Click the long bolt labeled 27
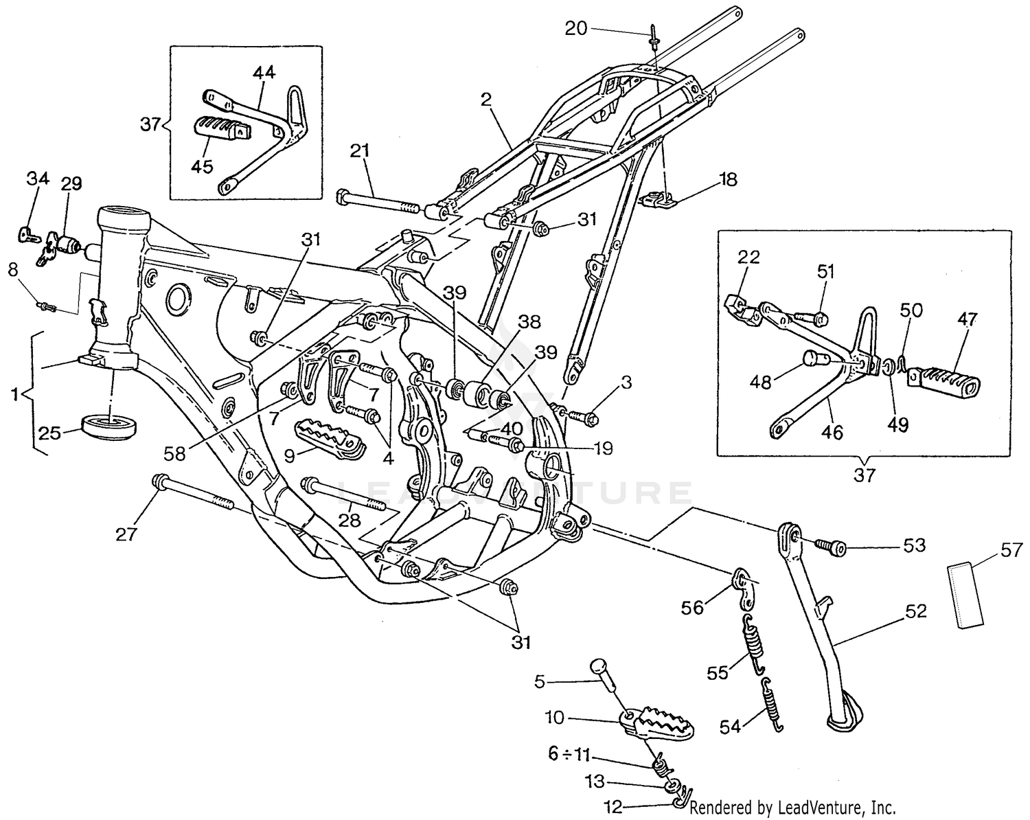click(196, 494)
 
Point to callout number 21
click(361, 152)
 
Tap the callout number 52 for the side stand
click(916, 611)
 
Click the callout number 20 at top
click(576, 28)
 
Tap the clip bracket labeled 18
click(659, 201)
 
